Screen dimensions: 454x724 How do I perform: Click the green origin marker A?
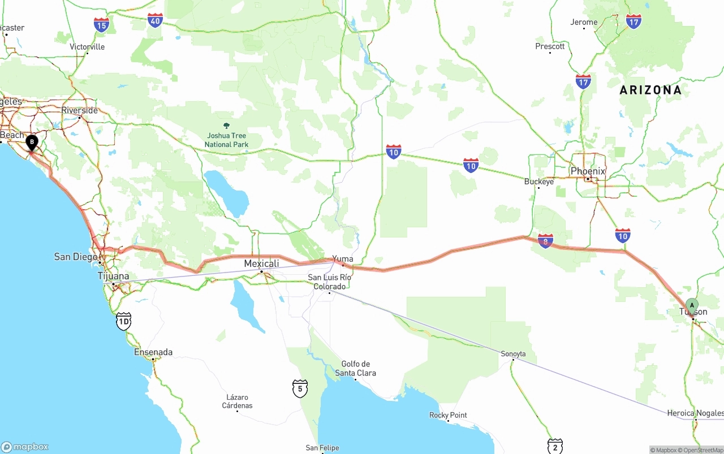point(692,306)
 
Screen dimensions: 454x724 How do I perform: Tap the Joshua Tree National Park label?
point(226,140)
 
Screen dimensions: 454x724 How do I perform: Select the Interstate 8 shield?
point(546,241)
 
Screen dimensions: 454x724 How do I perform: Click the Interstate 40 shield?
point(156,21)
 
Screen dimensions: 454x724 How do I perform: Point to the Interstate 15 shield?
point(102,25)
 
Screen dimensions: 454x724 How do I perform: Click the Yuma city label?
point(343,259)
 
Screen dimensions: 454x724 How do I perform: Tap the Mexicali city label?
point(261,263)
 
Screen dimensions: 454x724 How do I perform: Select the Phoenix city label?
point(588,171)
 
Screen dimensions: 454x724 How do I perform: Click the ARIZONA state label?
point(650,90)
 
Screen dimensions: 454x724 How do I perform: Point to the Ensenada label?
point(153,352)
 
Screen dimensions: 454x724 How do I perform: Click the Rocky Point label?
point(448,415)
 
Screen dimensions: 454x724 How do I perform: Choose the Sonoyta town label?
point(513,354)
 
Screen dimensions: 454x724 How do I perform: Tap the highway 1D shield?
point(123,321)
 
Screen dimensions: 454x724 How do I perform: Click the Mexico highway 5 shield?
point(300,388)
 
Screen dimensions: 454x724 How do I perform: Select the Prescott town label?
point(550,46)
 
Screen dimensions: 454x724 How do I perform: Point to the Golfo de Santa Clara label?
point(355,368)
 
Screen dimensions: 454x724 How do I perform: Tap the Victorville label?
point(87,47)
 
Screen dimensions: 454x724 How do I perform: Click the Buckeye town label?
point(539,181)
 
